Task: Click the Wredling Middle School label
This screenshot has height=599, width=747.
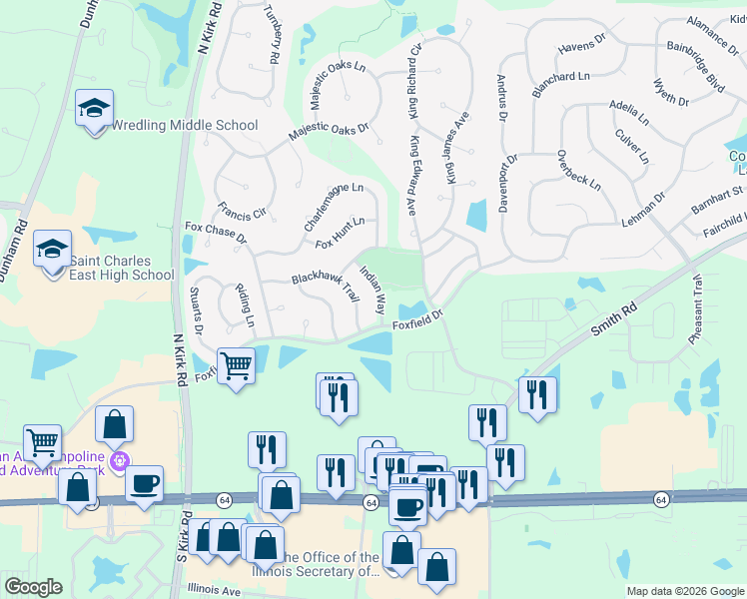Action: coord(184,126)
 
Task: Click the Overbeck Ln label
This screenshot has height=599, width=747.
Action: coord(579,170)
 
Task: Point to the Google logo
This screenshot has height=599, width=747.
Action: coord(33,587)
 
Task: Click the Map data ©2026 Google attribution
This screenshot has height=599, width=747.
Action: coord(684,591)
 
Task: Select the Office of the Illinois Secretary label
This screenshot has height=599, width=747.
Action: coord(330,565)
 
